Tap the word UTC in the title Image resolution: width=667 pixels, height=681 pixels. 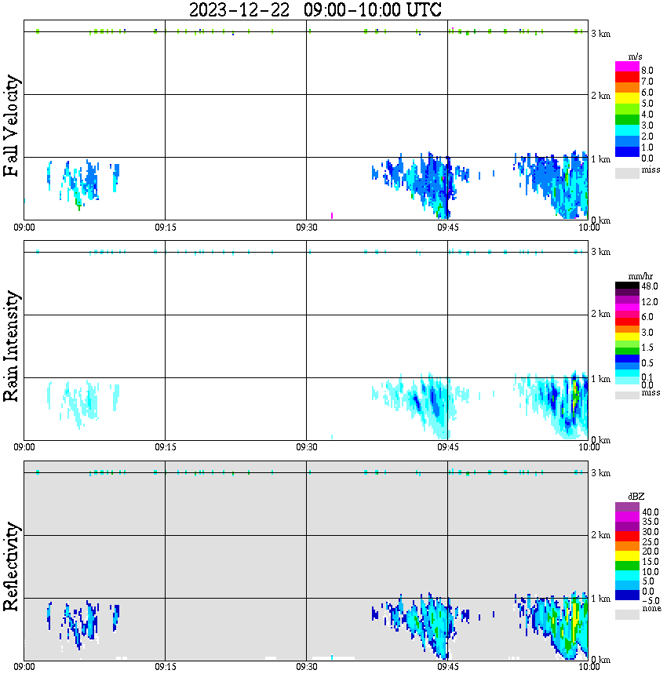coord(419,10)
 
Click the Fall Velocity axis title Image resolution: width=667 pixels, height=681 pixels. coord(11,126)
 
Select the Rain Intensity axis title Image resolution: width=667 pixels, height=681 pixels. coord(11,346)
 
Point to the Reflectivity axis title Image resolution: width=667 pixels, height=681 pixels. coord(11,566)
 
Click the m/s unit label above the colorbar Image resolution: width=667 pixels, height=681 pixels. coord(627,57)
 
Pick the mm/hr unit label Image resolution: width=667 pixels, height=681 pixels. coord(627,277)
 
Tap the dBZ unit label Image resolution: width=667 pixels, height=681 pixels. coord(627,497)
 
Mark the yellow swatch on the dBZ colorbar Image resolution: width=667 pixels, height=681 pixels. coord(627,555)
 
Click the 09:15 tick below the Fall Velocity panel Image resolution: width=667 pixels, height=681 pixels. coord(165,228)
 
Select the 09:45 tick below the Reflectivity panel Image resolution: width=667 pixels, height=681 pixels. coord(447,667)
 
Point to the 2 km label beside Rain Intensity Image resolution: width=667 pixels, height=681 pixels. coord(600,315)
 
